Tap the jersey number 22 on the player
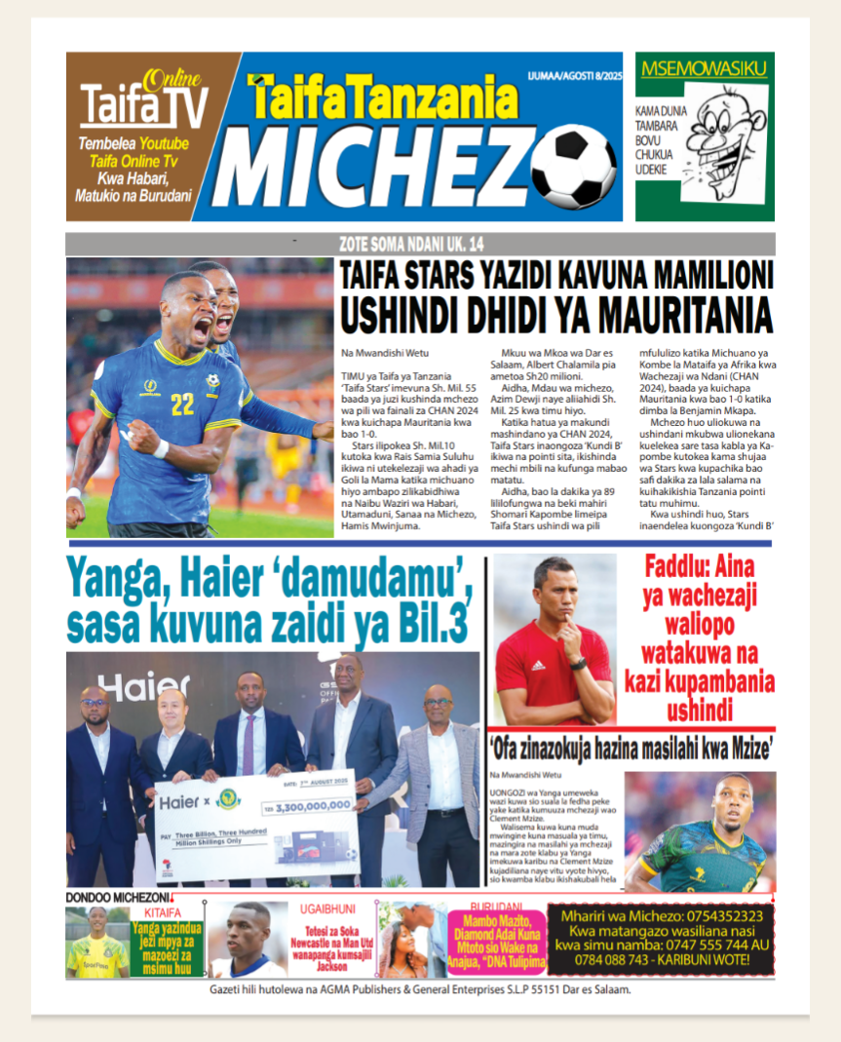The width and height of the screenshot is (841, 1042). click(182, 404)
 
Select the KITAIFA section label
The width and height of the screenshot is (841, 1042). click(163, 912)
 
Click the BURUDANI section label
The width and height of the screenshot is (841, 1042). click(496, 907)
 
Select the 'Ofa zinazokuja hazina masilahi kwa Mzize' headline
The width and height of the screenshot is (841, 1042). click(632, 750)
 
